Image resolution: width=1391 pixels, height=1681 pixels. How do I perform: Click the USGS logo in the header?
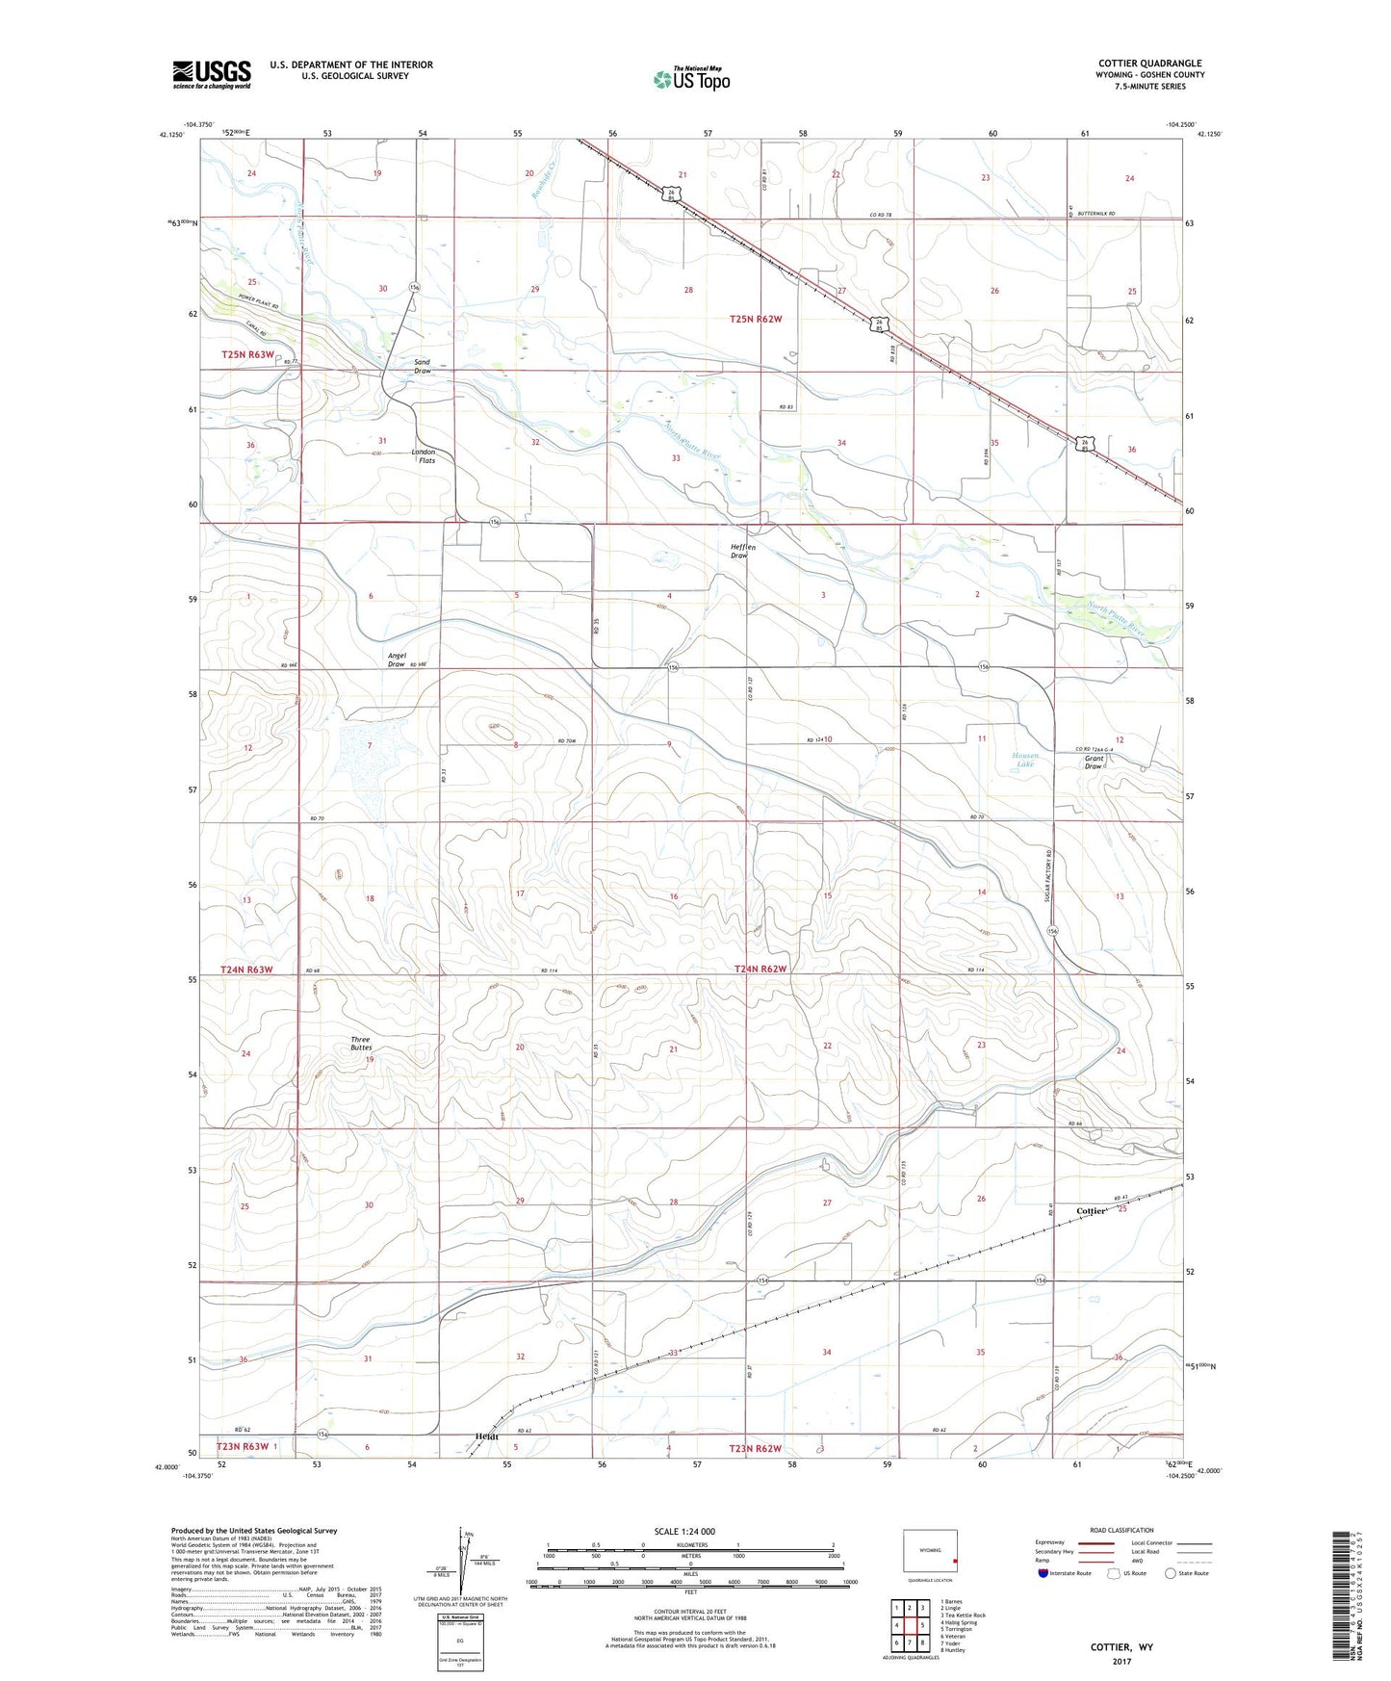[212, 73]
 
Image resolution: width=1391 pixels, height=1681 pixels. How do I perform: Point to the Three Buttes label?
[360, 1043]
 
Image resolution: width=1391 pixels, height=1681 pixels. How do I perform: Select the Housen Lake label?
[1025, 760]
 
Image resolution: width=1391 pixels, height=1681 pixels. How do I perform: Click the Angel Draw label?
[397, 659]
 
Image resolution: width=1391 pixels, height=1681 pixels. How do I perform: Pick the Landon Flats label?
[424, 456]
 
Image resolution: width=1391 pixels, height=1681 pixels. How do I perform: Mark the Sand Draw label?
[423, 366]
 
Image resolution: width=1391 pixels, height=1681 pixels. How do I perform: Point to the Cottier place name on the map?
[1091, 1211]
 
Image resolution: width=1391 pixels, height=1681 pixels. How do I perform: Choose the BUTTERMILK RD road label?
[1095, 214]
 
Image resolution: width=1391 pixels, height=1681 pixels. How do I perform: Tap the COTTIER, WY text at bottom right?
[1121, 1647]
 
